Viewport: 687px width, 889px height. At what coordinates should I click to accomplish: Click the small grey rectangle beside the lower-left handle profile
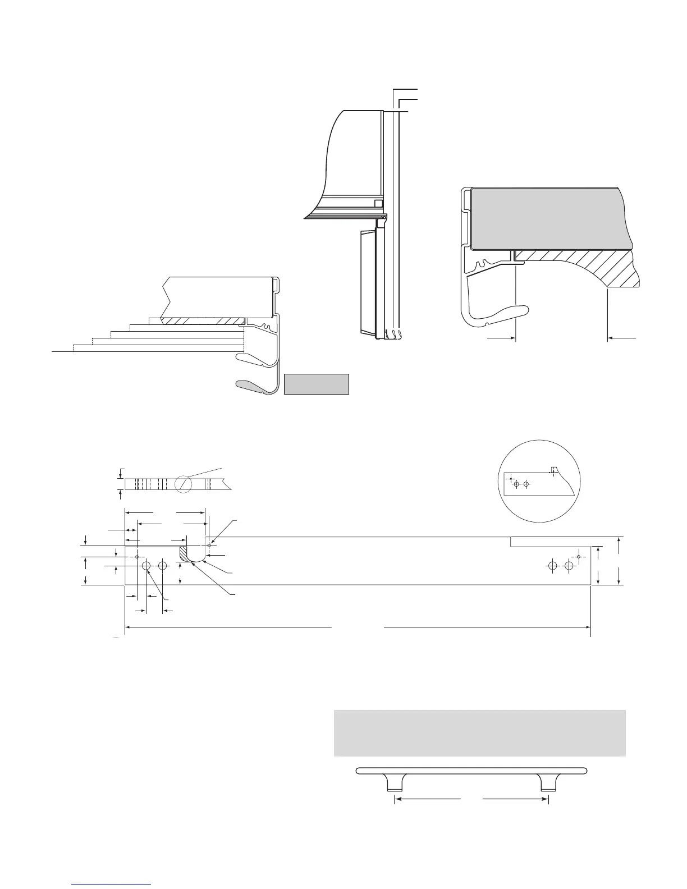click(x=317, y=384)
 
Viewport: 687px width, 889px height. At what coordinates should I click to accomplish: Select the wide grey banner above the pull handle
click(x=479, y=732)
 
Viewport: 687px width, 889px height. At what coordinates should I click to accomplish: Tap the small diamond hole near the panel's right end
click(x=579, y=557)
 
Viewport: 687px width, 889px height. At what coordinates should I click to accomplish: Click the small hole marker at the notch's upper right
click(x=209, y=544)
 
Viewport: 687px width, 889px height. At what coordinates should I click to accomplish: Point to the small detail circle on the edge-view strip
click(x=184, y=484)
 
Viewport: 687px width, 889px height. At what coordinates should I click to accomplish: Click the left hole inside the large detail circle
click(x=517, y=484)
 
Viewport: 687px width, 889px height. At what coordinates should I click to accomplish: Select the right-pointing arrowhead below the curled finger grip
click(x=512, y=338)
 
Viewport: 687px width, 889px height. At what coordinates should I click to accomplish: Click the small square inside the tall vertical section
click(x=378, y=203)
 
